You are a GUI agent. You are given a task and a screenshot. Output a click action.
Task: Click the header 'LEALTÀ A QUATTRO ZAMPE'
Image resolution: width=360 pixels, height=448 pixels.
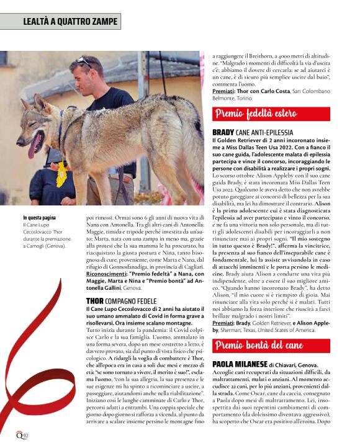click(x=70, y=22)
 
